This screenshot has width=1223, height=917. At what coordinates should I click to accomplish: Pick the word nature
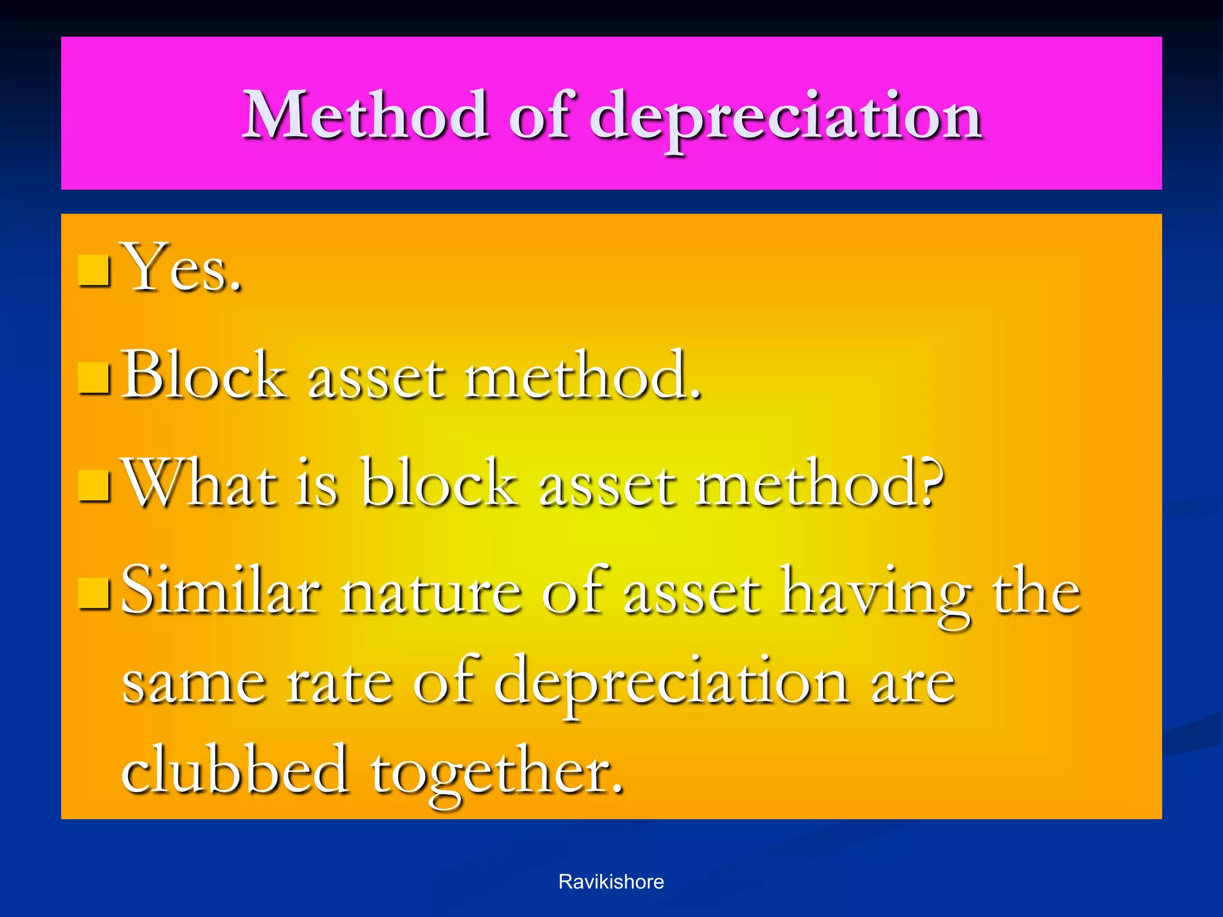click(431, 594)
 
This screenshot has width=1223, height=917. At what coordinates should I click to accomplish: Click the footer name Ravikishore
click(611, 882)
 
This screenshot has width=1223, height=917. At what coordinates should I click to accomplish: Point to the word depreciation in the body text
click(671, 684)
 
